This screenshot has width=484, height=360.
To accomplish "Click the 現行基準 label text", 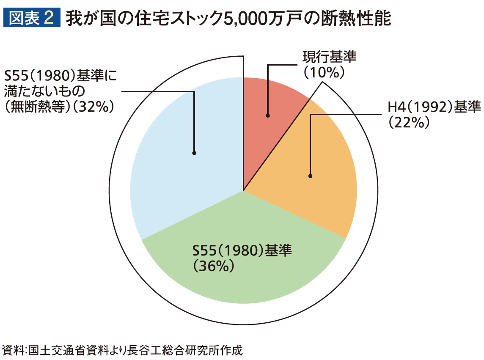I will pos(329,57).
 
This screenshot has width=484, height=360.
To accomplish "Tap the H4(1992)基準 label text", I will pos(434,108).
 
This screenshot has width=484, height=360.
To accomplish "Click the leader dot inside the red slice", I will pos(268,115).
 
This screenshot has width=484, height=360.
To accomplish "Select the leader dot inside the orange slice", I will pos(311,176).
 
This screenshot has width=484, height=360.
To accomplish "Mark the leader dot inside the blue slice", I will pos(194,153).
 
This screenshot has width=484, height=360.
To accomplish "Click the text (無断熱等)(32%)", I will pos(60,107).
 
